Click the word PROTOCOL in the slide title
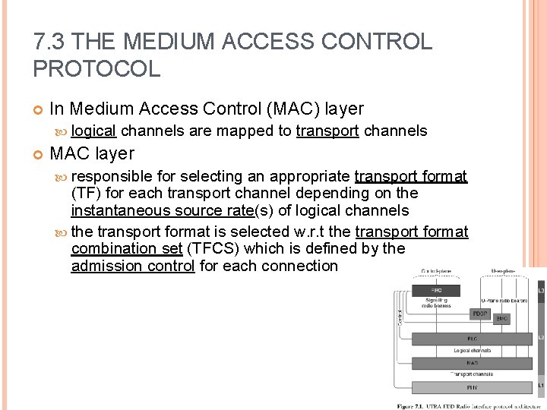click(x=96, y=69)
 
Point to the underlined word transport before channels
click(x=327, y=131)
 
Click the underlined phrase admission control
click(x=133, y=266)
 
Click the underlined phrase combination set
click(x=127, y=248)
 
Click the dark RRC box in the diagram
click(x=436, y=290)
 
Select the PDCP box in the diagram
click(x=479, y=313)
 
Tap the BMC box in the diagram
click(x=501, y=319)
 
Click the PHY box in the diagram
click(x=473, y=387)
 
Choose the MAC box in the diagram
click(x=473, y=363)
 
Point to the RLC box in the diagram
click(x=473, y=339)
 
